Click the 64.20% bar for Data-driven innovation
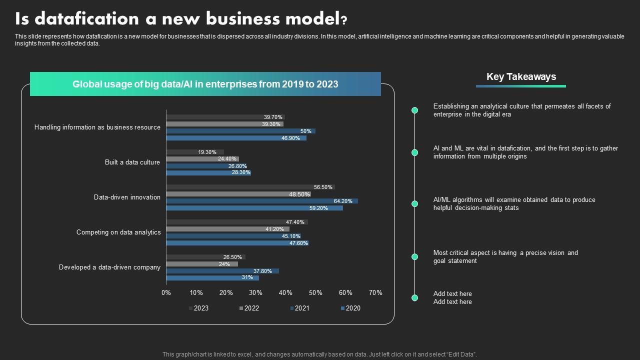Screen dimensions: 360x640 pos(261,201)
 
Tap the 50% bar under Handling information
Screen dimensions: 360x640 pos(240,131)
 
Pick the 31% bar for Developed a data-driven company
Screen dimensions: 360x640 pos(212,277)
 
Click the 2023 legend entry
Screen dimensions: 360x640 pos(198,308)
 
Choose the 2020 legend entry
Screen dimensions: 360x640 pos(350,308)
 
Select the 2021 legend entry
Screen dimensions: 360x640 pos(299,308)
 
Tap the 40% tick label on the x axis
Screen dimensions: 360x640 pos(285,292)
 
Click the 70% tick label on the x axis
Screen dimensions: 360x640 pos(375,292)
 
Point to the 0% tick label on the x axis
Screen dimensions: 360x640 pos(166,292)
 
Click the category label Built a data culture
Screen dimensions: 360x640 pos(132,162)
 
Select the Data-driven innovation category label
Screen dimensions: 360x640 pos(127,197)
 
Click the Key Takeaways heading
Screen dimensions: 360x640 pos(521,76)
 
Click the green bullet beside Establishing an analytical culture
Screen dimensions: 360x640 pos(414,110)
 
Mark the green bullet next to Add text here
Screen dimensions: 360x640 pos(414,297)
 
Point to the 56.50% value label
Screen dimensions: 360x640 pos(323,187)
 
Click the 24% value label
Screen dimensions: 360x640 pos(224,264)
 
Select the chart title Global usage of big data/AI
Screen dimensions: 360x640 pos(205,84)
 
